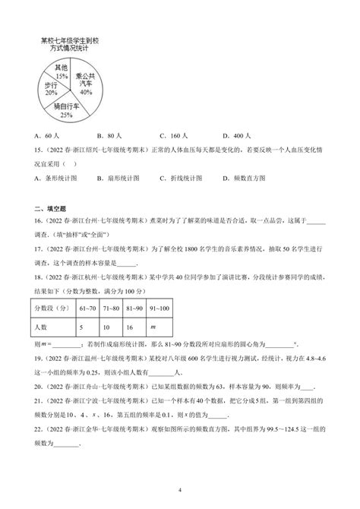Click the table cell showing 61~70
click(x=89, y=311)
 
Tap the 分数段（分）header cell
click(x=53, y=311)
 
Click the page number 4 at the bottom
click(x=180, y=490)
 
